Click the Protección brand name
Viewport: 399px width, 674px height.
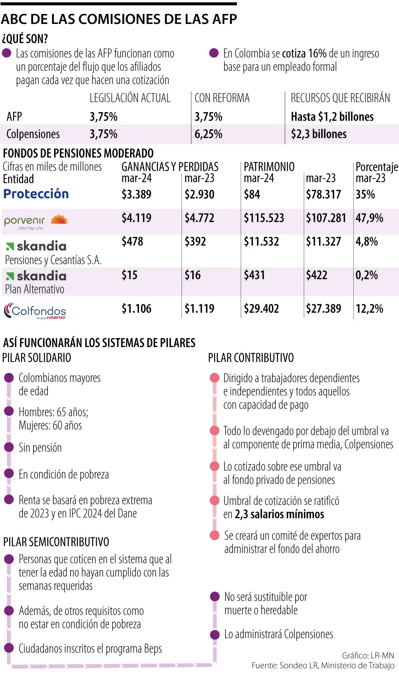pyautogui.click(x=36, y=194)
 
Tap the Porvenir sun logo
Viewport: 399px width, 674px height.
pyautogui.click(x=59, y=219)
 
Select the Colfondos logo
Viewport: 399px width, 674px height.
pyautogui.click(x=35, y=311)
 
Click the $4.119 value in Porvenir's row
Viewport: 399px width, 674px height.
pyautogui.click(x=136, y=218)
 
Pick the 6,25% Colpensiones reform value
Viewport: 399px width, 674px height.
pyautogui.click(x=208, y=134)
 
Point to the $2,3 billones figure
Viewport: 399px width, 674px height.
pyautogui.click(x=319, y=134)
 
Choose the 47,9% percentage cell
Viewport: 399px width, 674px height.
pyautogui.click(x=369, y=218)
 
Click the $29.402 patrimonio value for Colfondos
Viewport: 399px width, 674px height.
pyautogui.click(x=261, y=309)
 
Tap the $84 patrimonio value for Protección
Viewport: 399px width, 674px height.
pyautogui.click(x=252, y=194)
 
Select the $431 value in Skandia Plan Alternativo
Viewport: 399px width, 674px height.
pyautogui.click(x=254, y=275)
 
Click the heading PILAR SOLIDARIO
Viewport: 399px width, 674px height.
pyautogui.click(x=37, y=358)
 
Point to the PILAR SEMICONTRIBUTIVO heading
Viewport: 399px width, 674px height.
pyautogui.click(x=56, y=542)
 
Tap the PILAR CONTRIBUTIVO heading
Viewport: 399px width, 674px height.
pyautogui.click(x=251, y=358)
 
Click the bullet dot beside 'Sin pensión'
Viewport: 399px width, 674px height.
pyautogui.click(x=9, y=447)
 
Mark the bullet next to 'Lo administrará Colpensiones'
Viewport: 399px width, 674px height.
pyautogui.click(x=215, y=634)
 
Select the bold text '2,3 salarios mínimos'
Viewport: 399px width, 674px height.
pyautogui.click(x=279, y=514)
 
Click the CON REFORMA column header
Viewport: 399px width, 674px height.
pyautogui.click(x=222, y=98)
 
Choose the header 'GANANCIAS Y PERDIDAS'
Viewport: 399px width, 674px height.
pyautogui.click(x=170, y=167)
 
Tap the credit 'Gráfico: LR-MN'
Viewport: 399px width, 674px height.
pyautogui.click(x=368, y=655)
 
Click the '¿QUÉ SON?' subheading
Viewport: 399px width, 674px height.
pyautogui.click(x=25, y=39)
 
